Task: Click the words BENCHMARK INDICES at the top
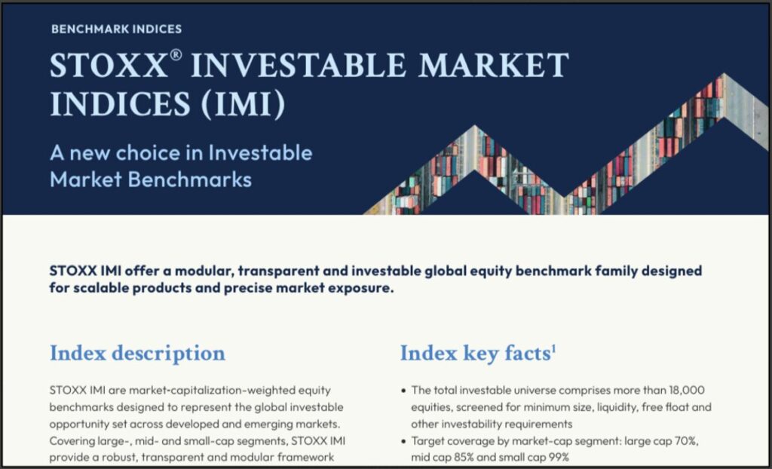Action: [x=116, y=29]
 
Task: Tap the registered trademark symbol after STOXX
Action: [x=176, y=55]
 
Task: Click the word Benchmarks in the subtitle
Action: [x=190, y=179]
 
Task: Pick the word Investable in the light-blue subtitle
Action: [x=260, y=153]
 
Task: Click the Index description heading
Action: [x=138, y=353]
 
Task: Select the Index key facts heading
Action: [x=475, y=353]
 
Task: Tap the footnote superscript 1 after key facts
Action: [x=553, y=349]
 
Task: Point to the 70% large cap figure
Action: [x=686, y=441]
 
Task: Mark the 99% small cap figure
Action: [x=557, y=458]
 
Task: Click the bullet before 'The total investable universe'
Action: [x=404, y=391]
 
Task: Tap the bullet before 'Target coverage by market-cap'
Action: [x=404, y=441]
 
